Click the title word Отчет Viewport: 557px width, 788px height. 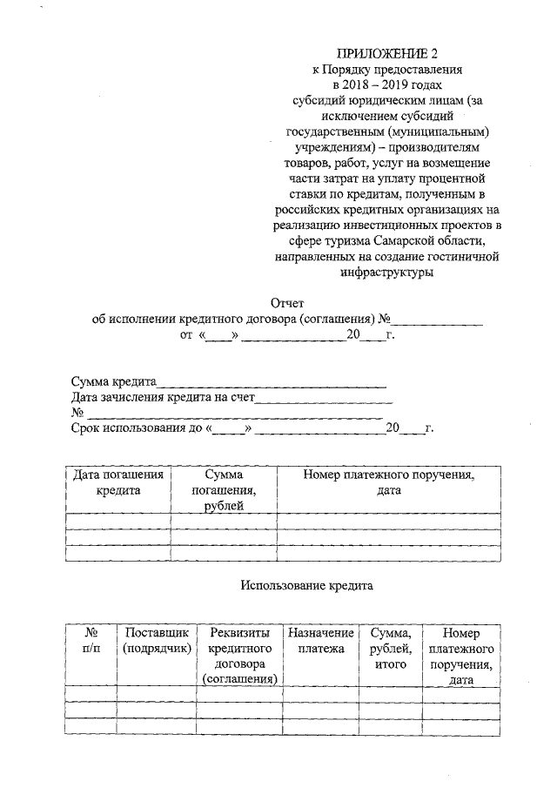click(288, 302)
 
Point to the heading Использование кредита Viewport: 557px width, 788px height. click(306, 586)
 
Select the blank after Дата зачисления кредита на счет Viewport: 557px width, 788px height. click(325, 398)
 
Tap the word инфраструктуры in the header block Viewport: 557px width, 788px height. click(387, 272)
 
